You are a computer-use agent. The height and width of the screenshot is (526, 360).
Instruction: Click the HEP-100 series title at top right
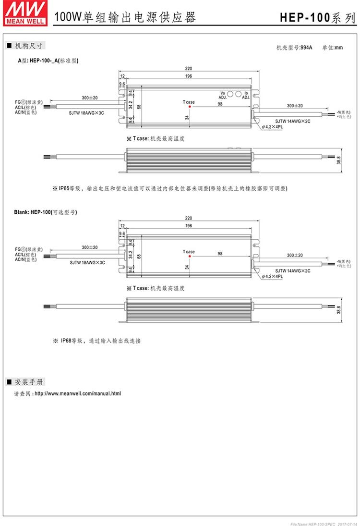pos(318,18)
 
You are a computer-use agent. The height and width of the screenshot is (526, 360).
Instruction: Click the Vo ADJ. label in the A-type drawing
pos(223,95)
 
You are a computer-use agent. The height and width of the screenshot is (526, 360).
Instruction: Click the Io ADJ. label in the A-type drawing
pos(245,95)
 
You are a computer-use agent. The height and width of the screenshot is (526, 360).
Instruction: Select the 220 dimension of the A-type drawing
pos(189,69)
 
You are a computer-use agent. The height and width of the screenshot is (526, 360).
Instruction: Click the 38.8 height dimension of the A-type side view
pos(339,160)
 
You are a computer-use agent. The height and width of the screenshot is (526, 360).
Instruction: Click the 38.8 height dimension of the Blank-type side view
pos(339,311)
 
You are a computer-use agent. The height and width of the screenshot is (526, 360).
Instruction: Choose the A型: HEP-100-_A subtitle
pos(48,61)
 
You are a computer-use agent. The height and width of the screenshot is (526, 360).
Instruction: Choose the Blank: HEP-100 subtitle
pos(47,212)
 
